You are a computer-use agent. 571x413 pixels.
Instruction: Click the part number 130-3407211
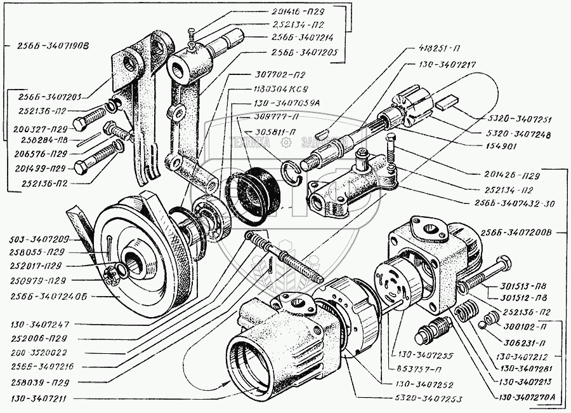point(40,399)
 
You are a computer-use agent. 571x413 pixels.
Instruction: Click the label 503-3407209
point(39,241)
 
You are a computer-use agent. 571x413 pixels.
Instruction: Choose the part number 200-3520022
point(40,351)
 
